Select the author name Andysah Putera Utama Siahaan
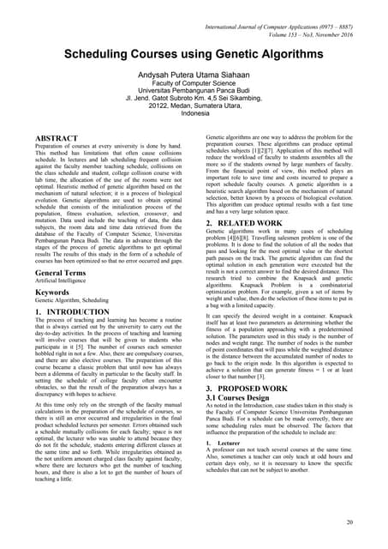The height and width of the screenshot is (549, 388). coord(194,76)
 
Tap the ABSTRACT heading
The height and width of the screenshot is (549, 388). coord(59,138)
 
